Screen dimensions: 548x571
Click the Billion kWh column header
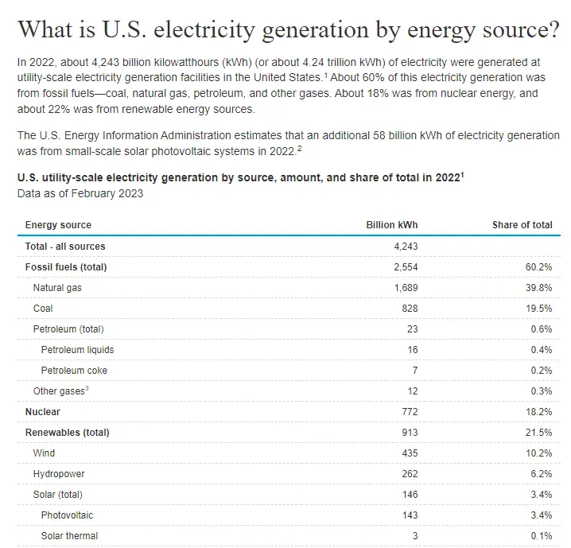[x=391, y=225]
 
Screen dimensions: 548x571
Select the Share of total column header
[x=522, y=225]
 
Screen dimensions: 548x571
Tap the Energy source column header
[x=58, y=225]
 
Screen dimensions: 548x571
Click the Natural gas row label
[x=57, y=287]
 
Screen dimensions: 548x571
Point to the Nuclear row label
[x=43, y=412]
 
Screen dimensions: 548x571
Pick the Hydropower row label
[x=59, y=474]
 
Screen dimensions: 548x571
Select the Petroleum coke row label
[x=74, y=371]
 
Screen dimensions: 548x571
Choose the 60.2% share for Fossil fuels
[x=538, y=267]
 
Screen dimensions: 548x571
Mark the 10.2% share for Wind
[x=538, y=453]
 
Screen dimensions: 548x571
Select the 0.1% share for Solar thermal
[x=540, y=536]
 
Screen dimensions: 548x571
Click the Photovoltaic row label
[x=67, y=515]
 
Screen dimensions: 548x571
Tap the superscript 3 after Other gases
[x=86, y=389]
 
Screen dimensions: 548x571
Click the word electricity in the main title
[x=223, y=29]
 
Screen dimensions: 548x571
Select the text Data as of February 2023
[x=80, y=193]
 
